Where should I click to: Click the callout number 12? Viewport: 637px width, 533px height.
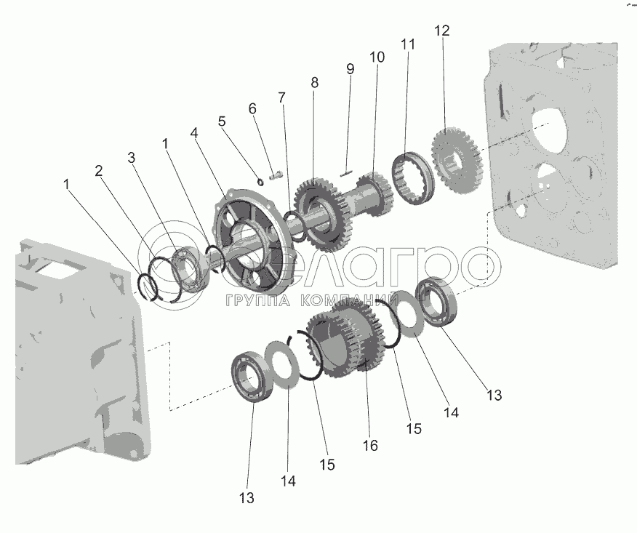442,31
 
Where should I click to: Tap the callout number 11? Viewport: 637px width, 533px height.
408,44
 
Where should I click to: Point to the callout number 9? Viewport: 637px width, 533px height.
350,69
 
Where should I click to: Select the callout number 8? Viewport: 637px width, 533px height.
314,82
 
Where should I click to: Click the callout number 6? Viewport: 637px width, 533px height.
252,108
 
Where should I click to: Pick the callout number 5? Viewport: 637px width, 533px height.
221,121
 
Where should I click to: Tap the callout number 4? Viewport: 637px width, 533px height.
193,133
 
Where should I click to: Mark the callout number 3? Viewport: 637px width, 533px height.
131,158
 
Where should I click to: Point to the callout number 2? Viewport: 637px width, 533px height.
98,171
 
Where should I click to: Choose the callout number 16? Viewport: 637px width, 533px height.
370,446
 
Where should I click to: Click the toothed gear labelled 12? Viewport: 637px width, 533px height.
455,161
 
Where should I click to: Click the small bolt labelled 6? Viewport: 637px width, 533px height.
275,176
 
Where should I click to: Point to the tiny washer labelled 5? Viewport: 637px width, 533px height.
260,180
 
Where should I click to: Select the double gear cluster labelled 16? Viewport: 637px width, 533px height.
345,340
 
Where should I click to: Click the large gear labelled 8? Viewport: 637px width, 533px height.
320,214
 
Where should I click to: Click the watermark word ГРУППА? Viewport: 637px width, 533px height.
258,300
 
